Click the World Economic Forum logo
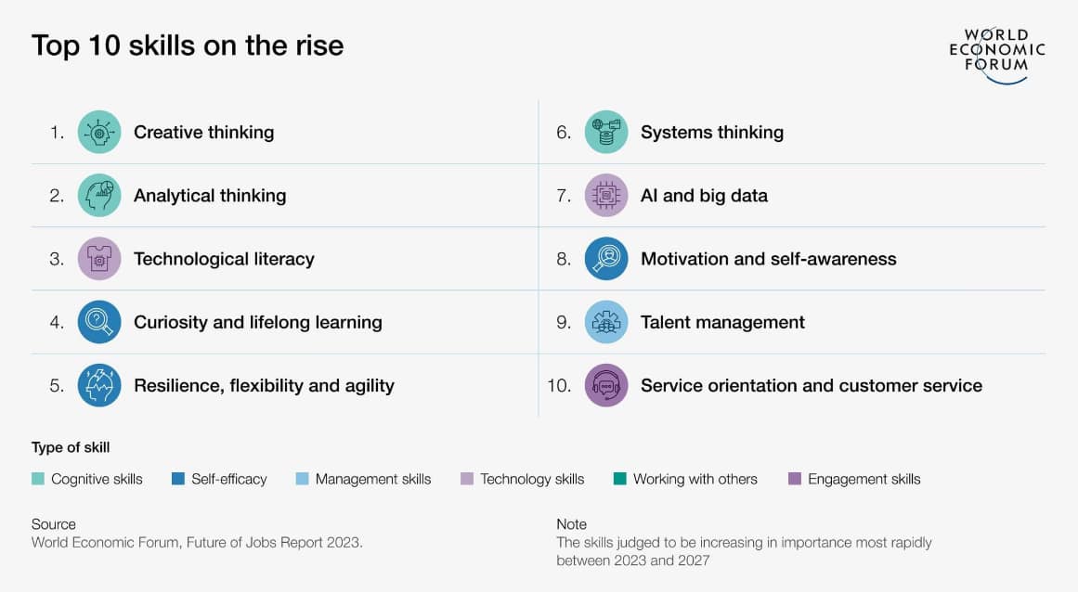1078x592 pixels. tap(997, 55)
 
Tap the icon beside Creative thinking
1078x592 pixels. tap(99, 132)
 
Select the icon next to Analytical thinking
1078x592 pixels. tap(99, 195)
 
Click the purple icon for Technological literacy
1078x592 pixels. tap(99, 259)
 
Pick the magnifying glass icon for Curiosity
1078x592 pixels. tap(99, 322)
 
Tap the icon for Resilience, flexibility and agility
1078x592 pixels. tap(99, 385)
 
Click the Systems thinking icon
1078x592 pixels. tap(606, 132)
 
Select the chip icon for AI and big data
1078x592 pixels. tap(606, 195)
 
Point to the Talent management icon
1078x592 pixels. tap(606, 322)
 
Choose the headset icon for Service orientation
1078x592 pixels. tap(606, 385)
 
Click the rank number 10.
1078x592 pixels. tap(559, 386)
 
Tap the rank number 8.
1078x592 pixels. tap(564, 259)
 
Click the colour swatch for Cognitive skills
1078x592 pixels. tap(38, 479)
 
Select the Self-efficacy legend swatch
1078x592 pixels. tap(178, 479)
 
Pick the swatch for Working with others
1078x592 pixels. tap(620, 479)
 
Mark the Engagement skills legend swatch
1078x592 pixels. tap(795, 479)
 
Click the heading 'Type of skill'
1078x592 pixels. tap(71, 448)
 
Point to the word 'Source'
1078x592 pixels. tap(54, 524)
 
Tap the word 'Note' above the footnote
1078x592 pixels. tap(571, 524)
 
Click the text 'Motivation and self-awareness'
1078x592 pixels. tap(769, 259)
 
